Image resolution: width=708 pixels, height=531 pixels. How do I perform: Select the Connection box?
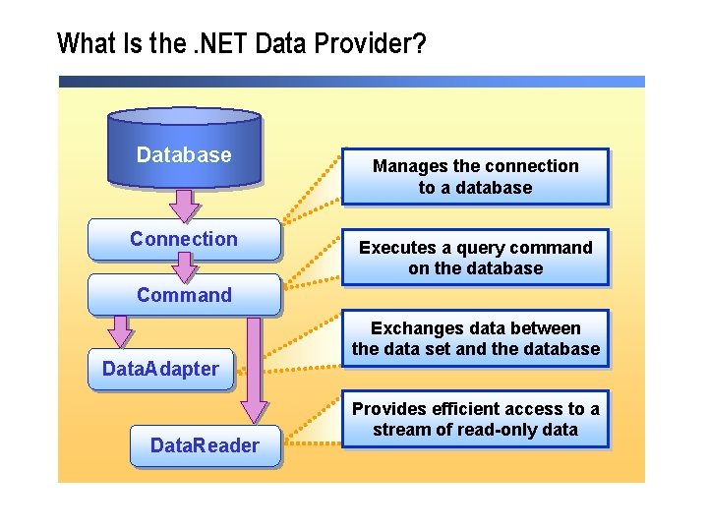tap(184, 239)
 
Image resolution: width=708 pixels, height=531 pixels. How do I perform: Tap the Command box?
tap(184, 295)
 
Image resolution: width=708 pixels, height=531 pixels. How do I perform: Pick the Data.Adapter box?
tap(160, 370)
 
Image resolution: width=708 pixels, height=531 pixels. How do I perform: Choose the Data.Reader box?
tap(205, 445)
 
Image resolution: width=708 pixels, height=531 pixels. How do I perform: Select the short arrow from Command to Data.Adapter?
tap(121, 331)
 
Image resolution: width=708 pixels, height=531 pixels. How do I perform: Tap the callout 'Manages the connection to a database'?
tap(475, 177)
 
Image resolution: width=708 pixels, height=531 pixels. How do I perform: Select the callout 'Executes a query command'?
tap(475, 258)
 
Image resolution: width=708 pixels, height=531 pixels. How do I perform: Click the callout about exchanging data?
tap(475, 338)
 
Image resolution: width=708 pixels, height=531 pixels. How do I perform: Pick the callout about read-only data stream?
tap(475, 419)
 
